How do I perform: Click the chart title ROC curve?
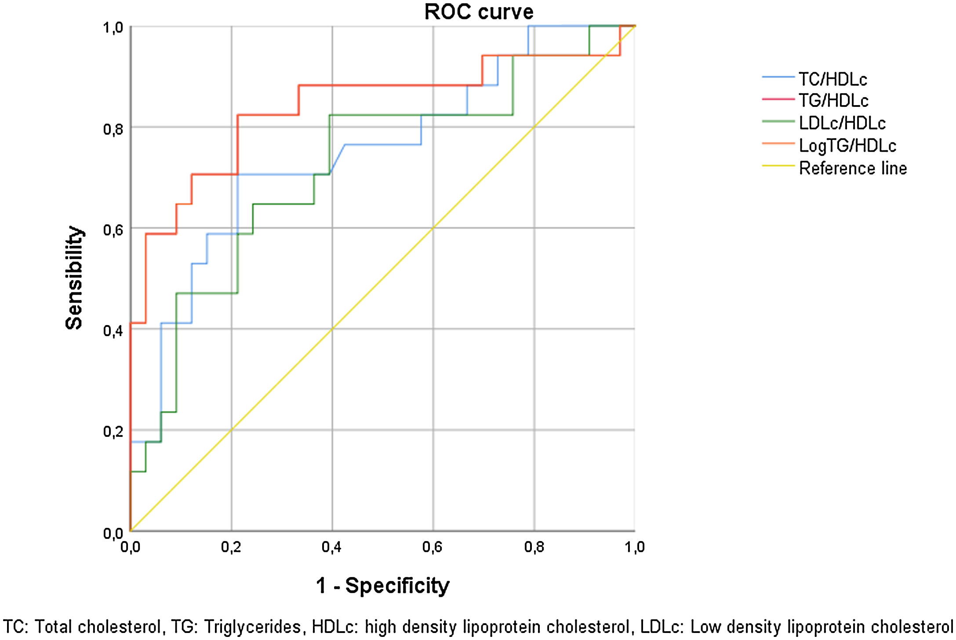coord(479,12)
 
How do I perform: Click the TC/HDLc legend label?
coord(833,80)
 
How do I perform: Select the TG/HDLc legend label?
coord(834,101)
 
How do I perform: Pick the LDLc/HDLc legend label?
coord(842,123)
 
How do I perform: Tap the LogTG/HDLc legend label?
coord(847,146)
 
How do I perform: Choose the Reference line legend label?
coord(853,168)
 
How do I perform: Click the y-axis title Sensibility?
coord(74,278)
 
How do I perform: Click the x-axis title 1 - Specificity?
coord(383,585)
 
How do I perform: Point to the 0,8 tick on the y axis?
coord(113,129)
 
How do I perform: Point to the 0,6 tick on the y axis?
coord(113,230)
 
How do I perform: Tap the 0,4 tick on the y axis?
coord(113,331)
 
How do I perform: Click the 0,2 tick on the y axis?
coord(113,432)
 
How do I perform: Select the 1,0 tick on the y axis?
coord(113,28)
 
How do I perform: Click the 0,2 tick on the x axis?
coord(231,547)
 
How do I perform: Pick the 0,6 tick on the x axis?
coord(433,547)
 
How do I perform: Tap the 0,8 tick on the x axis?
coord(534,547)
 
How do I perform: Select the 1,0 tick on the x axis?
coord(635,547)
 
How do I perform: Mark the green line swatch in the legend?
coord(778,121)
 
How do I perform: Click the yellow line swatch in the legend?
coord(778,166)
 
